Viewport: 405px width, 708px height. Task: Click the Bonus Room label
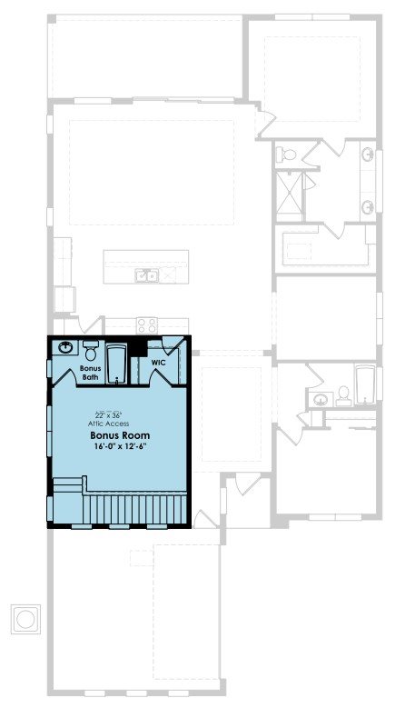120,435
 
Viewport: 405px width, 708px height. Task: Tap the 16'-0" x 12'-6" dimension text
120,446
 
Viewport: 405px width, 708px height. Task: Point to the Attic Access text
109,424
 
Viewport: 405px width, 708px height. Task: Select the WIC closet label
158,363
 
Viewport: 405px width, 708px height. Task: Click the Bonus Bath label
90,372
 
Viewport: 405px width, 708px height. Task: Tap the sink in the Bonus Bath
66,347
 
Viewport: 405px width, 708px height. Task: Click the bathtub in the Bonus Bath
117,364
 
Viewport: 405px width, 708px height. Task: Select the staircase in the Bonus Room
134,509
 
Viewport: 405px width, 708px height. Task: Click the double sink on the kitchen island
146,275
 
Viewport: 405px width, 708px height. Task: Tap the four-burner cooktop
147,325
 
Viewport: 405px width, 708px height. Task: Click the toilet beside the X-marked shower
286,154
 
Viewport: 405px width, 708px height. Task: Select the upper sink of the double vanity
368,155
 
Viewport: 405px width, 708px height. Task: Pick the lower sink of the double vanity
368,207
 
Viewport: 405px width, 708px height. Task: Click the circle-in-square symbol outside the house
25,620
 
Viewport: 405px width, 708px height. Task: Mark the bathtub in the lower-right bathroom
364,384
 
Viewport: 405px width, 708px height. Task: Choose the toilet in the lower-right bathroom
343,394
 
